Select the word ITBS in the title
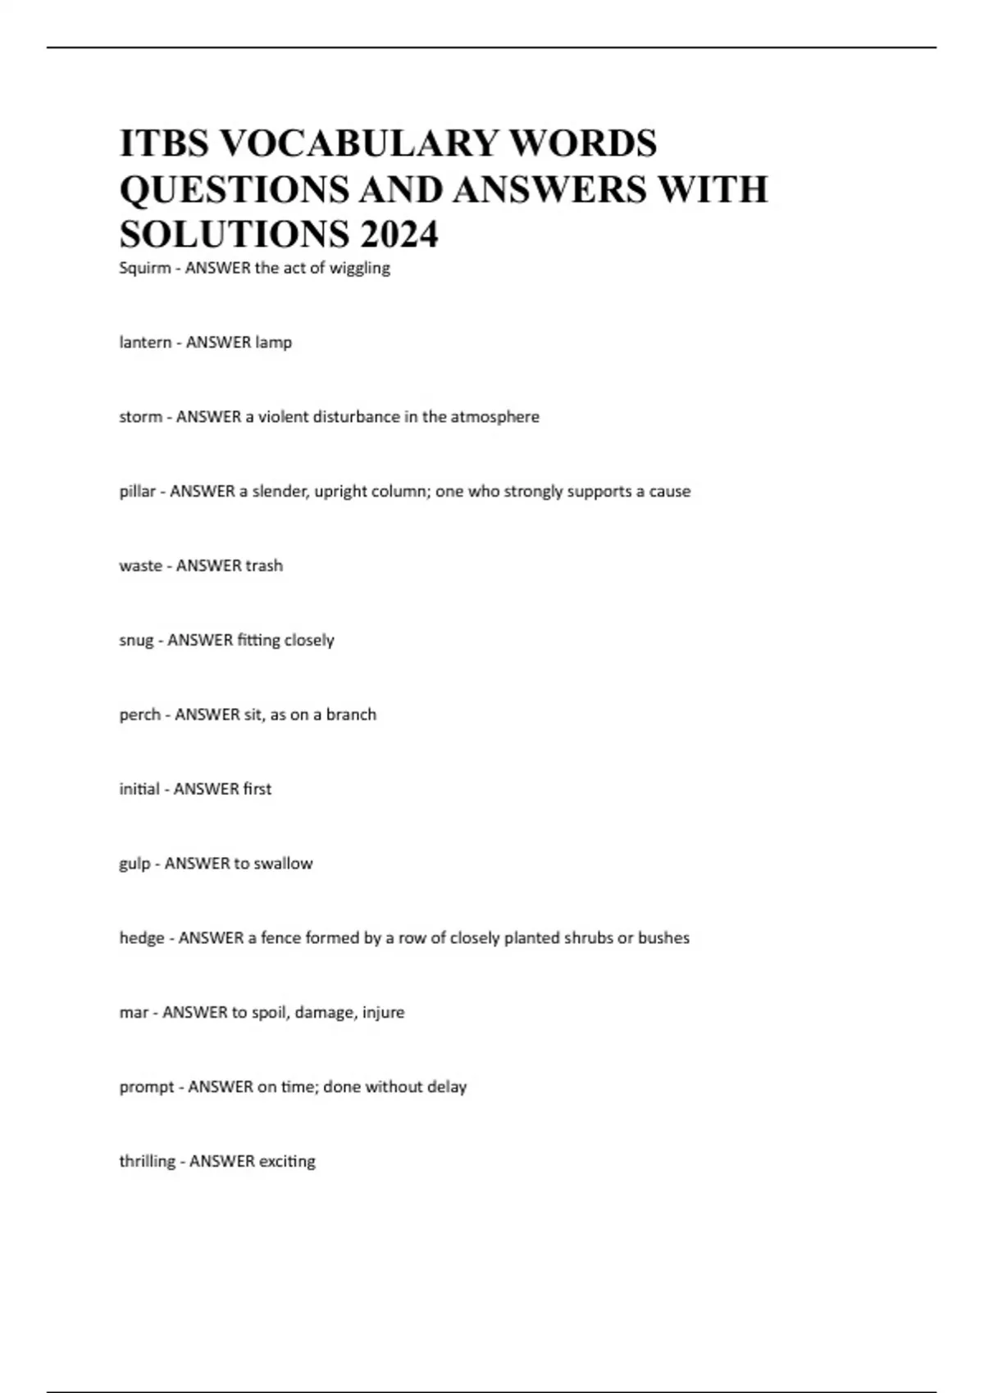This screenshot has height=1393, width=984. (x=165, y=143)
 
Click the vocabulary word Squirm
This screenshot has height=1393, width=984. (x=144, y=268)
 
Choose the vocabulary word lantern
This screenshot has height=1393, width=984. (x=145, y=343)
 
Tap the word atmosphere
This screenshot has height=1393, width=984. (x=495, y=417)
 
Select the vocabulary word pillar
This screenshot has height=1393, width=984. (x=137, y=492)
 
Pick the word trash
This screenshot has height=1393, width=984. (x=264, y=566)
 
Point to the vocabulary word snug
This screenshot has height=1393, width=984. (x=136, y=641)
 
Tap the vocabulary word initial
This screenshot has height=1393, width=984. (x=139, y=789)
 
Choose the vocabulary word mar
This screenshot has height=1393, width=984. (x=133, y=1013)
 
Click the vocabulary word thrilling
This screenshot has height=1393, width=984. (x=148, y=1162)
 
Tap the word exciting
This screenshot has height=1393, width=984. (x=287, y=1162)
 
